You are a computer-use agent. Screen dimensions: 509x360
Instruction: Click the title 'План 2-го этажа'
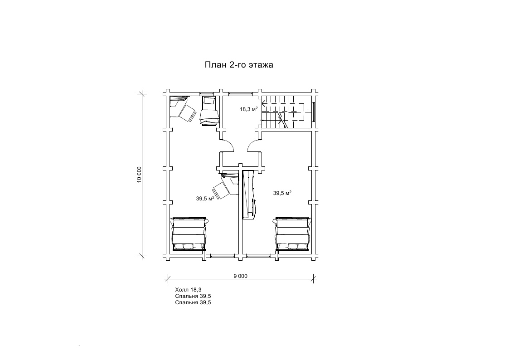tap(238, 65)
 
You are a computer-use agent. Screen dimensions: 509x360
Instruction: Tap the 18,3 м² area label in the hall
tap(249, 109)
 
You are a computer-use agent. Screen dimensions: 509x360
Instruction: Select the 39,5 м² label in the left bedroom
tap(205, 198)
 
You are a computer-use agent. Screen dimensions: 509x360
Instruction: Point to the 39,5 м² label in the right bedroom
tap(282, 193)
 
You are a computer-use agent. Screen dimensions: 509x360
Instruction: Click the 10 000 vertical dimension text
tap(139, 175)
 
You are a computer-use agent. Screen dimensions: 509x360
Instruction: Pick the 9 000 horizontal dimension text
tap(240, 276)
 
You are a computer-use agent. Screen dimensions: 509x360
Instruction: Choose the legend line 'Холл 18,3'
tap(188, 290)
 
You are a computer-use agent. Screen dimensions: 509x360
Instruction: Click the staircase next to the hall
tap(284, 112)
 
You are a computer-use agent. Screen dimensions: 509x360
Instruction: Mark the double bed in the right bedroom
tap(292, 234)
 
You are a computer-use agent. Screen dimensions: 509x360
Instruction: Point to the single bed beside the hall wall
tap(209, 111)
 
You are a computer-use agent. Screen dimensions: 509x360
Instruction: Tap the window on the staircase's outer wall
tap(314, 112)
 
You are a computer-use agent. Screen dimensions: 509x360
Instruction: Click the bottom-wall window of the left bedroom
tap(223, 256)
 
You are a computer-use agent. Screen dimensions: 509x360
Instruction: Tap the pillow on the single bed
tap(208, 101)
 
